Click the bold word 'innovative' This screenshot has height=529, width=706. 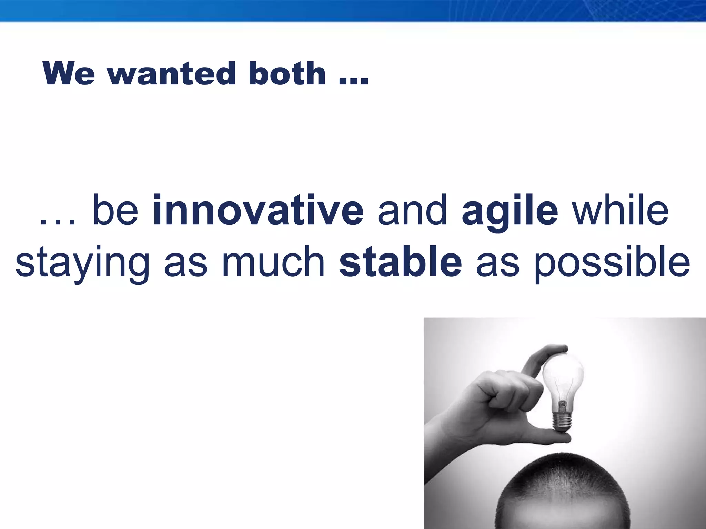pos(258,210)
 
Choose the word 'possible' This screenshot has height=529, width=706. pos(612,263)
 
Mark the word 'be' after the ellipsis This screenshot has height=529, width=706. pos(115,210)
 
